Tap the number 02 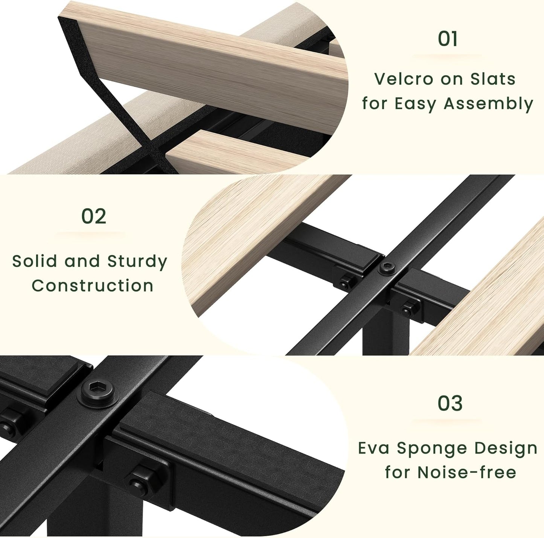point(94,216)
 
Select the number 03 point(450,403)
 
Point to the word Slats point(493,79)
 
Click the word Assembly point(488,104)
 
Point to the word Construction point(93,286)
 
